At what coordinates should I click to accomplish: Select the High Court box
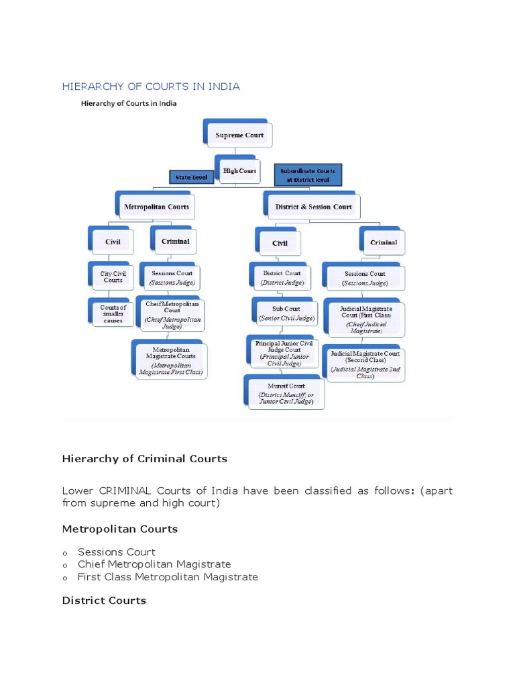[x=239, y=171]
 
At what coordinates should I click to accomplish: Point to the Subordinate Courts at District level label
[x=308, y=175]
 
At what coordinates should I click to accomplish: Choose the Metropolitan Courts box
[x=156, y=207]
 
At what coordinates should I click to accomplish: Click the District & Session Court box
[x=313, y=207]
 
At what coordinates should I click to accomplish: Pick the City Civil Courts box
[x=113, y=277]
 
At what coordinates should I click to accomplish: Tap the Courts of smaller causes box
[x=113, y=314]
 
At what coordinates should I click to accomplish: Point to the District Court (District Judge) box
[x=282, y=278]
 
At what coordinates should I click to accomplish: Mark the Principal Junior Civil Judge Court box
[x=284, y=352]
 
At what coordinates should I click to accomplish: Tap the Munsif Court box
[x=286, y=392]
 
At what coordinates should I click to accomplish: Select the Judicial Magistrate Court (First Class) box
[x=366, y=319]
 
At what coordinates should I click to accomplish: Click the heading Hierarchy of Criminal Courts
[x=145, y=459]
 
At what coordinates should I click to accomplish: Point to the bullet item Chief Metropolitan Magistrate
[x=154, y=564]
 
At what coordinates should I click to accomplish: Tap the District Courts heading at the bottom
[x=104, y=600]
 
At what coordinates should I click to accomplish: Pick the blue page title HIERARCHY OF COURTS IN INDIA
[x=151, y=87]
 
